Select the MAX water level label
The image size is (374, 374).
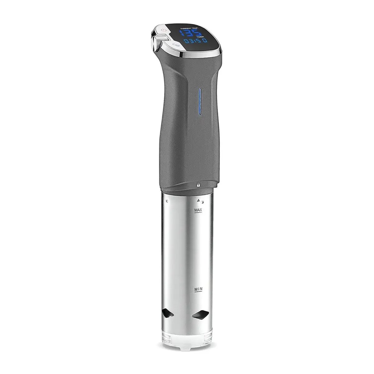[x=198, y=210]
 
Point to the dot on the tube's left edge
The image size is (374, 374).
[x=167, y=202]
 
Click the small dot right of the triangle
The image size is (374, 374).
[x=202, y=201]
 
